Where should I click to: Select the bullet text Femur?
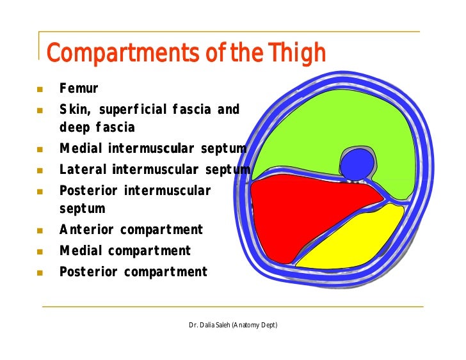pos(79,89)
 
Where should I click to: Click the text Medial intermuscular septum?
pos(152,149)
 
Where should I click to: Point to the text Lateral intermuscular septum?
pos(154,169)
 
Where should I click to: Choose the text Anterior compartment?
pos(131,230)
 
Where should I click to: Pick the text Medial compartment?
pos(125,251)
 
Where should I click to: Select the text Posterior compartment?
pos(133,272)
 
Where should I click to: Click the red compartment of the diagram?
pos(301,211)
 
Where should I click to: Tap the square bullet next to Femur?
pos(40,90)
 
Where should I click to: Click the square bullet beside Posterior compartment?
pos(40,272)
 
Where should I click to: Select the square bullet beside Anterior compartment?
pos(40,230)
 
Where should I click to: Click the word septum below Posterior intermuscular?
pos(82,209)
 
